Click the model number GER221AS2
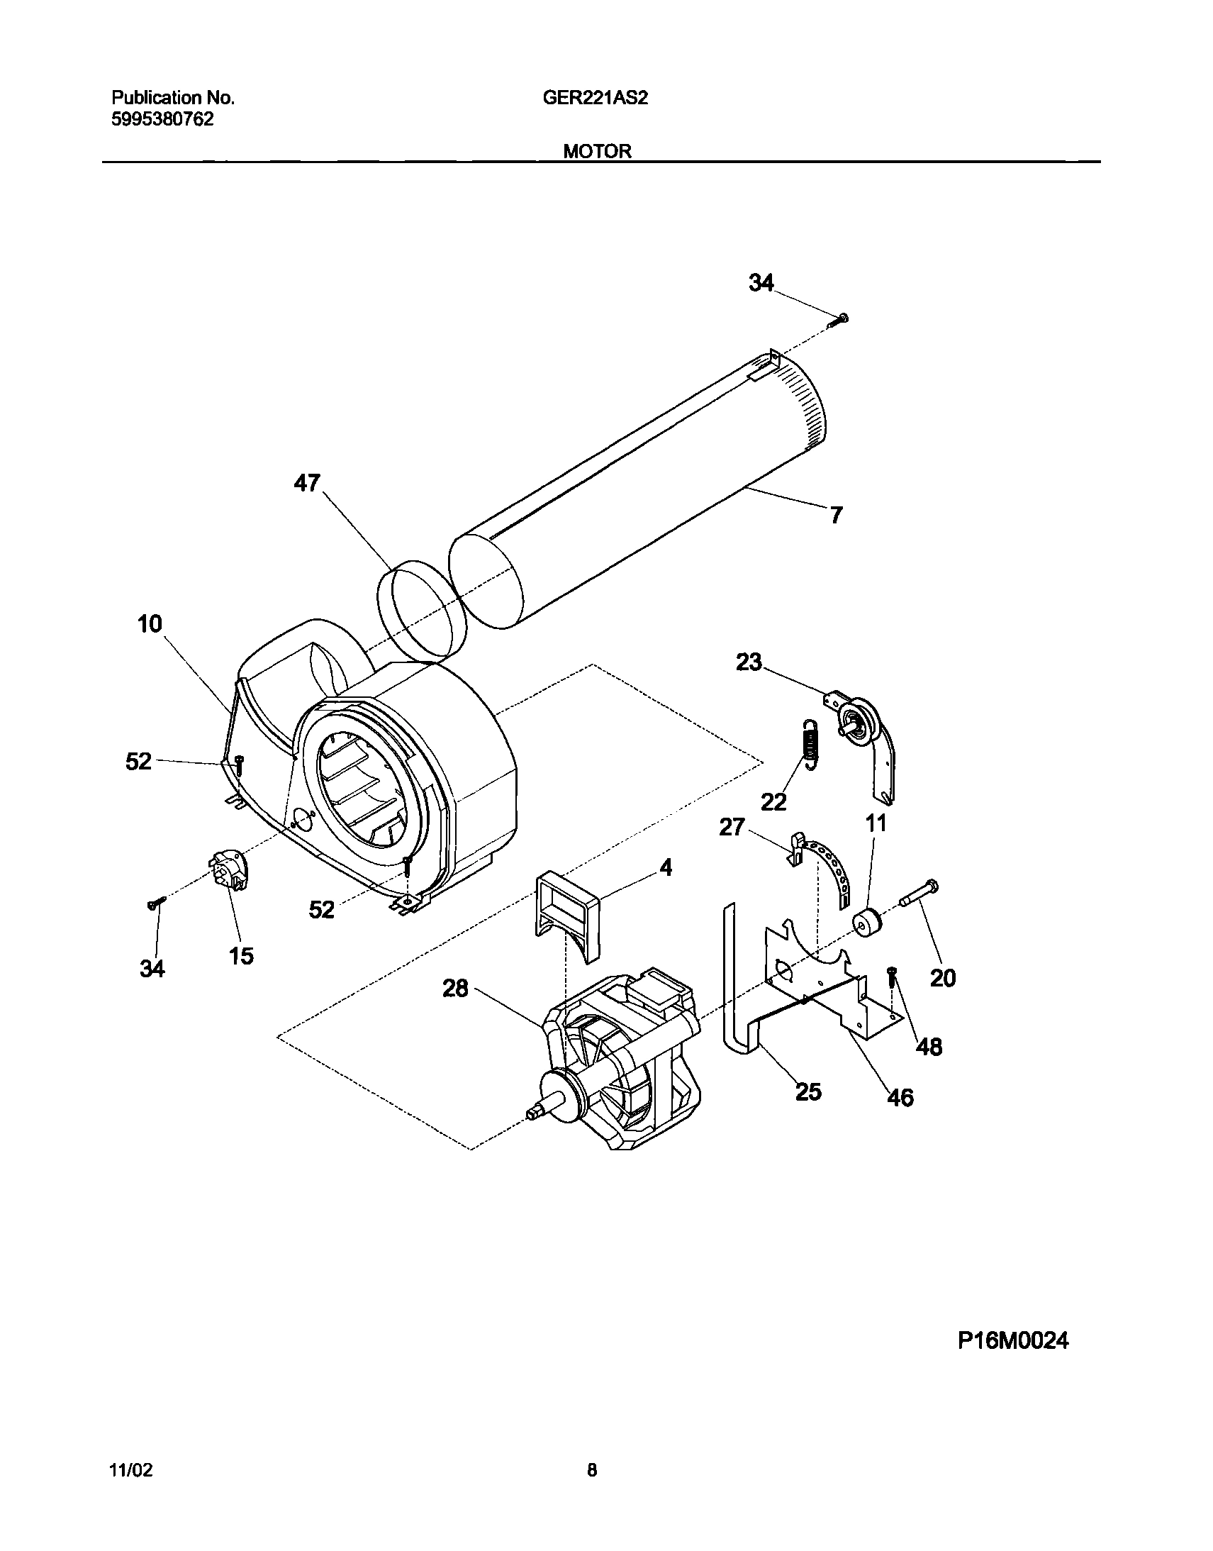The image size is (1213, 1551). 594,98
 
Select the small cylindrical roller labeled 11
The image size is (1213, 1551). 865,923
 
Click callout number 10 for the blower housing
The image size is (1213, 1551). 150,625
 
